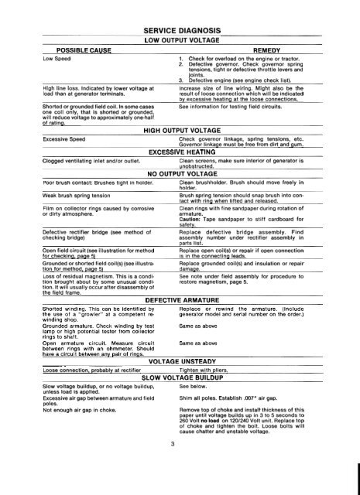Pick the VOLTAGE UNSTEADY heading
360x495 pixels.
(179, 382)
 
